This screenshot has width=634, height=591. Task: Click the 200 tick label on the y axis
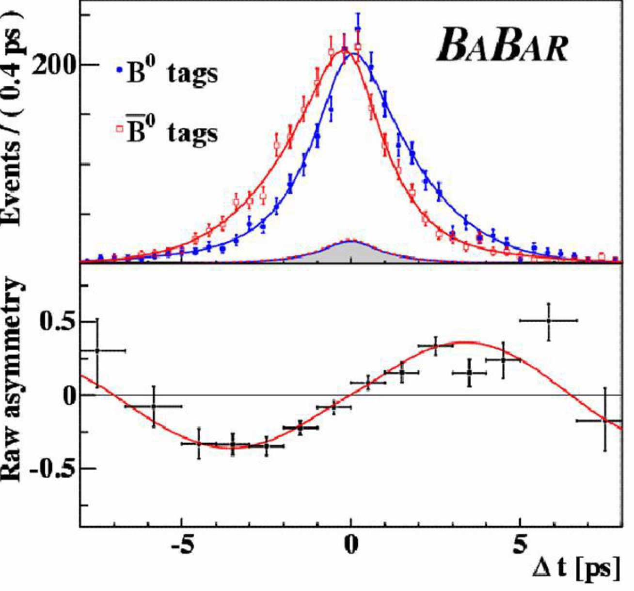pyautogui.click(x=55, y=65)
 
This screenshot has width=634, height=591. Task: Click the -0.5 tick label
pyautogui.click(x=51, y=469)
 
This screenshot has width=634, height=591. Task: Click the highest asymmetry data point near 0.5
pyautogui.click(x=548, y=321)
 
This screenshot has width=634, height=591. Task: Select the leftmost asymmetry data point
pyautogui.click(x=97, y=350)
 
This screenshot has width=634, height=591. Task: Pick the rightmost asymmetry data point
pyautogui.click(x=605, y=420)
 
